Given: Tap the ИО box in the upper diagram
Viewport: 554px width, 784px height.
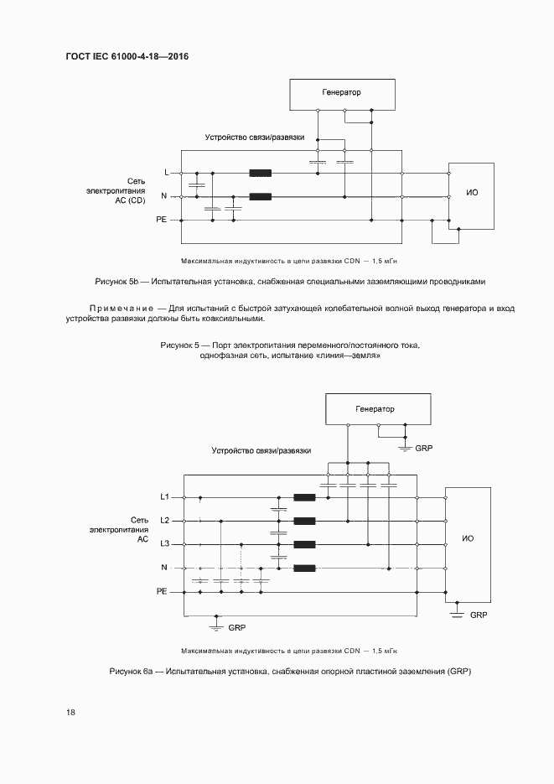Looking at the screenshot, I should click(x=472, y=194).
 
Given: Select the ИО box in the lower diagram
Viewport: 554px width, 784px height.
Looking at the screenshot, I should click(x=468, y=537).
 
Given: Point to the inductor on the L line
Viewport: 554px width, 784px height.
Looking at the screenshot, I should click(x=261, y=174).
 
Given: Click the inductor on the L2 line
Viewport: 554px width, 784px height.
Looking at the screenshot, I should click(x=304, y=521).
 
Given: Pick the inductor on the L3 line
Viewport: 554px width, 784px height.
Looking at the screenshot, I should click(x=304, y=544).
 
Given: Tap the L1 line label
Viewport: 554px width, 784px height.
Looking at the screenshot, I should click(x=165, y=496).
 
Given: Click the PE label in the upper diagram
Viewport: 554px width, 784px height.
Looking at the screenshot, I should click(x=161, y=220).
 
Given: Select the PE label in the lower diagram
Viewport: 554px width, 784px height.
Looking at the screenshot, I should click(x=163, y=591).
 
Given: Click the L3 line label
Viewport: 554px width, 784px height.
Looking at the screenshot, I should click(x=165, y=544).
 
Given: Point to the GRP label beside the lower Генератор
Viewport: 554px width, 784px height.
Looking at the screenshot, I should click(x=424, y=449).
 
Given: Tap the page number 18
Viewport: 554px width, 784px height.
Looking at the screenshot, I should click(x=70, y=713).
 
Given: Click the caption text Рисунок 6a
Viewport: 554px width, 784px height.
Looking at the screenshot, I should click(x=130, y=672).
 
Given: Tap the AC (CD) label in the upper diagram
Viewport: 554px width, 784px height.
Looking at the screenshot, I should click(x=130, y=200).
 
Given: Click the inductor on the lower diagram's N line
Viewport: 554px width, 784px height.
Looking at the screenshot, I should click(x=304, y=569).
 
